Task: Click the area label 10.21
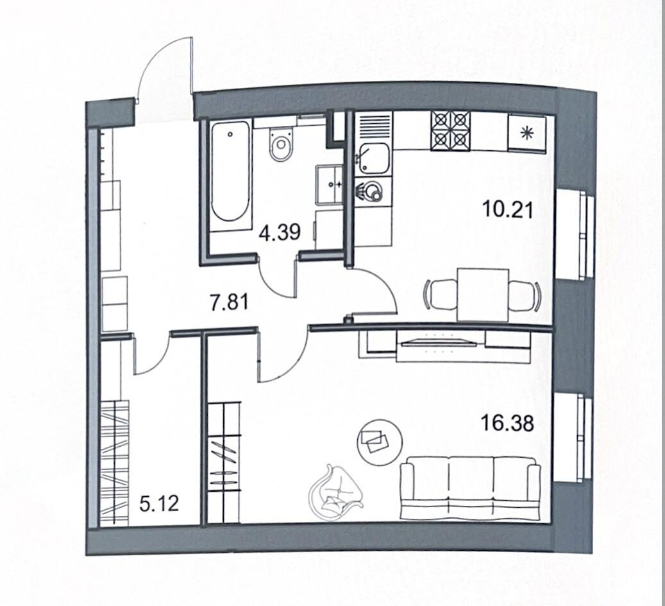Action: click(508, 209)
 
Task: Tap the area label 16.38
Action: click(508, 423)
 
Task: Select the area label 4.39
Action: click(280, 232)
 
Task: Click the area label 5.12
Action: click(159, 504)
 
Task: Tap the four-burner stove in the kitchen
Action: click(450, 131)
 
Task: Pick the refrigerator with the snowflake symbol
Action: click(527, 132)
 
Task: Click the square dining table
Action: click(483, 295)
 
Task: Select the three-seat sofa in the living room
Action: click(470, 488)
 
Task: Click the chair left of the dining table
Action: click(440, 295)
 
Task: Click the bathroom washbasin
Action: click(329, 185)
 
